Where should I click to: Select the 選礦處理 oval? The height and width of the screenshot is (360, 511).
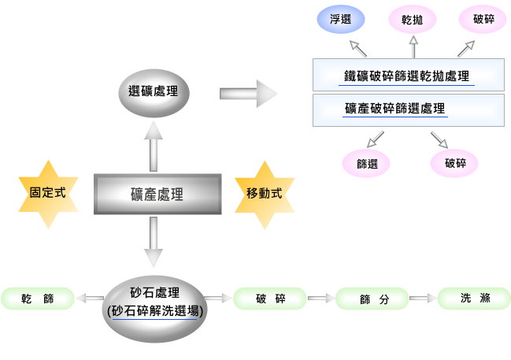click(154, 91)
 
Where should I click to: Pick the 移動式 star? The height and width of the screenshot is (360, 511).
click(265, 194)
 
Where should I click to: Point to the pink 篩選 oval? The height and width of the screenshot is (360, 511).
click(366, 164)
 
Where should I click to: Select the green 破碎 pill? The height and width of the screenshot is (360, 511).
click(271, 299)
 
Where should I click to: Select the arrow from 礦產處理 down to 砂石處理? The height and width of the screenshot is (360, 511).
click(154, 241)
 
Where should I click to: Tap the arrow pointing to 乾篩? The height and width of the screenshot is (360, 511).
click(91, 299)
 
